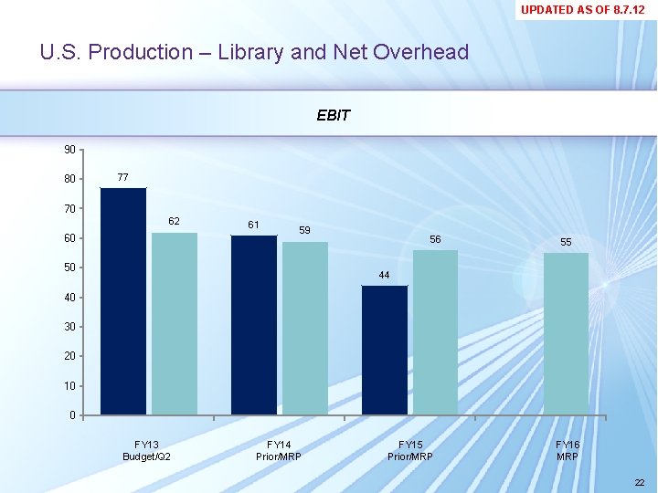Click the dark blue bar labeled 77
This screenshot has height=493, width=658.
[x=123, y=301]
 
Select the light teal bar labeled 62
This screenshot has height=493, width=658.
[x=175, y=324]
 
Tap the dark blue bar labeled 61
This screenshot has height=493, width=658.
[x=254, y=325]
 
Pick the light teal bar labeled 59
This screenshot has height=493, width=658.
[x=305, y=329]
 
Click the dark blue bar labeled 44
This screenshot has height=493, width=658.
[x=385, y=351]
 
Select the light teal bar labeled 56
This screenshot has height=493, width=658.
[x=435, y=332]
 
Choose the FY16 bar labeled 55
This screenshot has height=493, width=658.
[x=566, y=334]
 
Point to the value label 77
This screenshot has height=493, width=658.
[x=122, y=176]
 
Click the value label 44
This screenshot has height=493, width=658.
[x=384, y=275]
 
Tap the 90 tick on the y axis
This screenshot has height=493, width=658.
[x=70, y=149]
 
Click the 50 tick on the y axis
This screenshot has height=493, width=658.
[x=70, y=267]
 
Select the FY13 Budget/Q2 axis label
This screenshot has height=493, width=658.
[x=148, y=450]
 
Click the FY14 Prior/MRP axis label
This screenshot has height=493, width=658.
[x=279, y=450]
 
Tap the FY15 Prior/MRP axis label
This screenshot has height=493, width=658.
[x=410, y=450]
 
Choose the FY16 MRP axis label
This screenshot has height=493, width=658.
[x=568, y=450]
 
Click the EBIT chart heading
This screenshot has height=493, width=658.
[x=333, y=116]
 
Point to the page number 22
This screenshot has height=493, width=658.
[x=639, y=483]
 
